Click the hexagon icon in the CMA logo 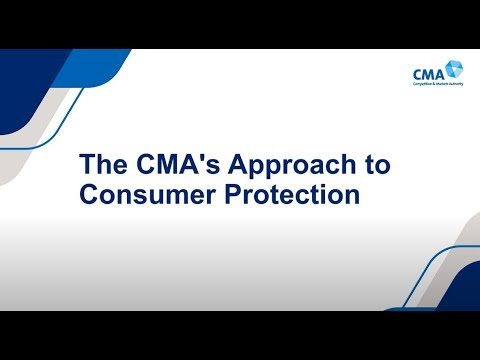pyautogui.click(x=455, y=68)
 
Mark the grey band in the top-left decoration pyautogui.click(x=40, y=130)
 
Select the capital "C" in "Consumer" pyautogui.click(x=87, y=194)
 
